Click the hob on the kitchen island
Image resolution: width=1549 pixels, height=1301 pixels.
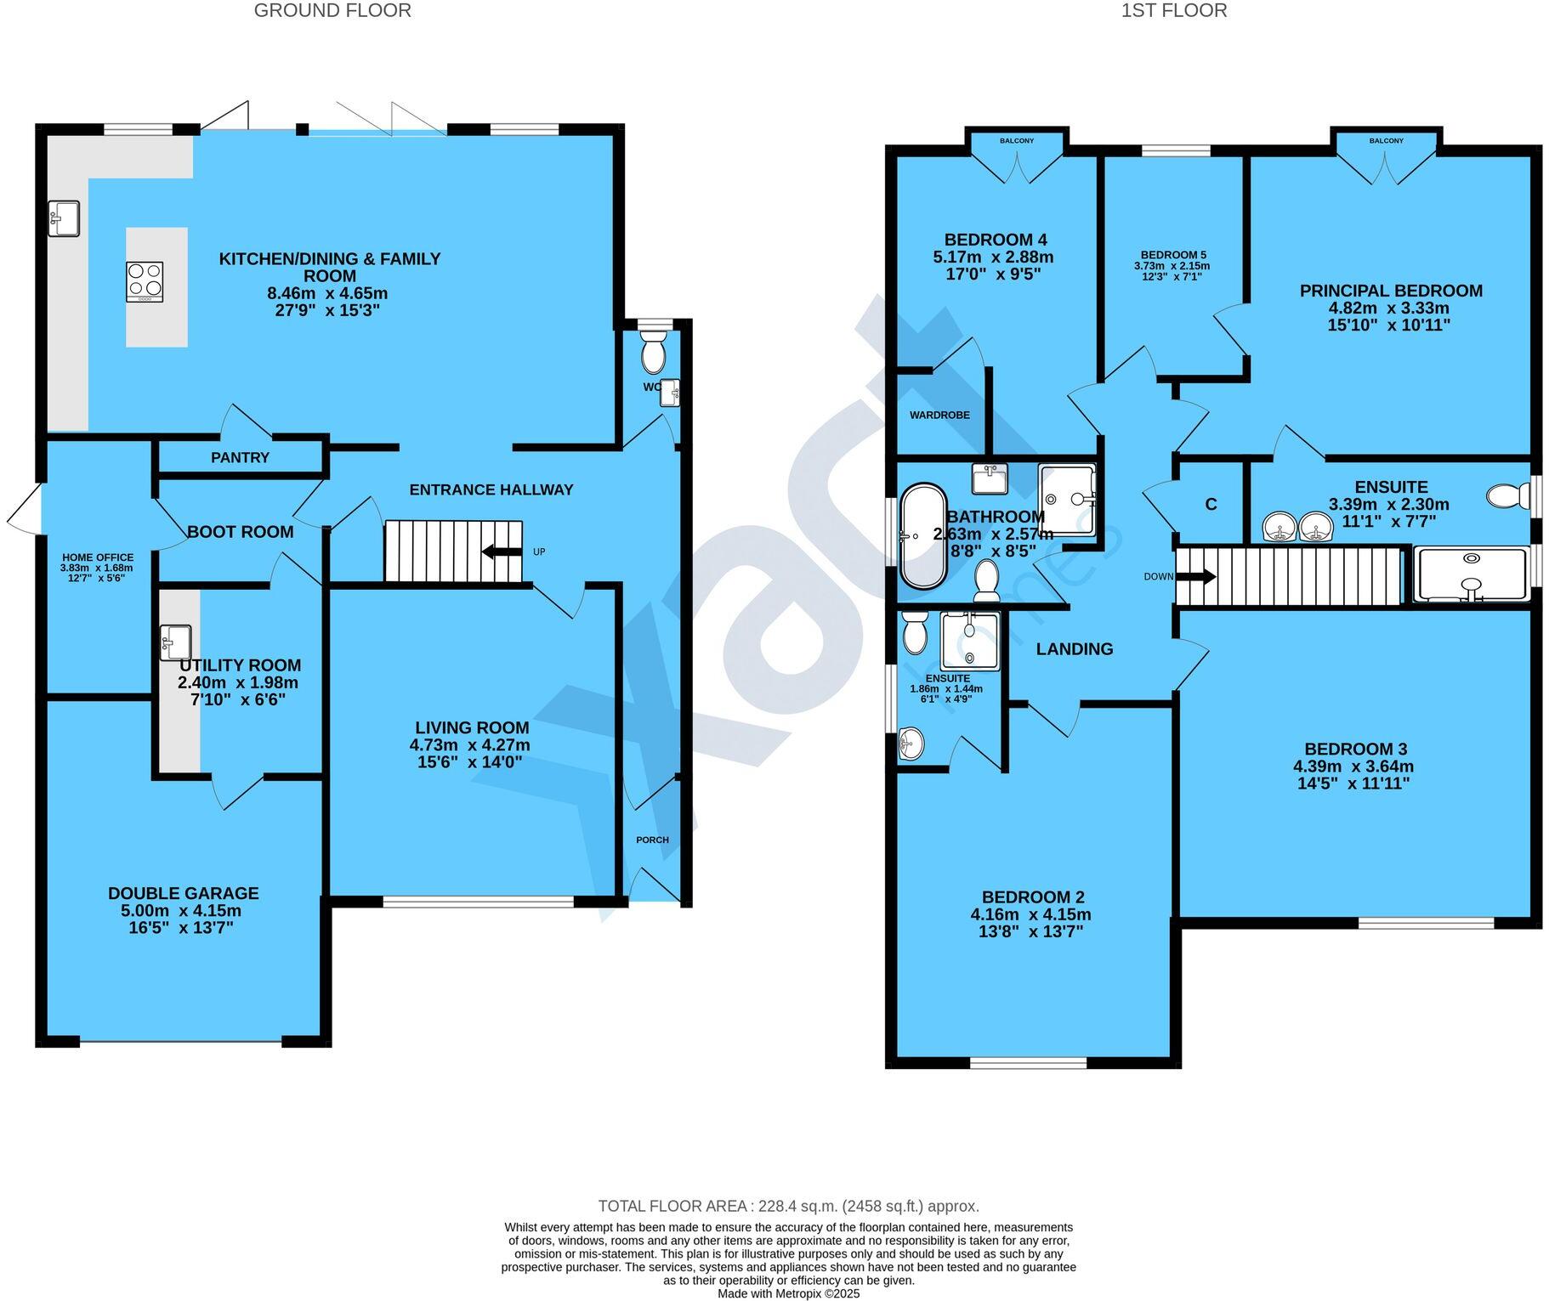[x=145, y=281]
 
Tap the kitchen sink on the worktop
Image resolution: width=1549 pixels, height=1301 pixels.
[x=64, y=218]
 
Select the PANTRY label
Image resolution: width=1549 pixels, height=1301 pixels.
[x=240, y=458]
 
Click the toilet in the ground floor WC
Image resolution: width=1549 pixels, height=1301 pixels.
[x=653, y=353]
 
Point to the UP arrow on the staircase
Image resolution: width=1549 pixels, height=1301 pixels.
[x=502, y=552]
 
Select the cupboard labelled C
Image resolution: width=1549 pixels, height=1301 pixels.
[x=1211, y=505]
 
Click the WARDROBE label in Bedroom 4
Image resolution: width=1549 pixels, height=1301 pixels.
[x=939, y=416]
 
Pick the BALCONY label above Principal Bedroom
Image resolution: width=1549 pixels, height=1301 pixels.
[x=1386, y=141]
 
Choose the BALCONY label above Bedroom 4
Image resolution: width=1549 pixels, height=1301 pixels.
[x=1017, y=141]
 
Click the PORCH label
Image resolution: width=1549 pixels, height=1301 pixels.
[x=652, y=840]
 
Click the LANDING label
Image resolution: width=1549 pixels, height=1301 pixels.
[x=1074, y=649]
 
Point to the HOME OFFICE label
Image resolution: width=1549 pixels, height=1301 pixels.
[x=97, y=557]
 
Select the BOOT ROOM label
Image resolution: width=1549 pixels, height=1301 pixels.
[x=240, y=532]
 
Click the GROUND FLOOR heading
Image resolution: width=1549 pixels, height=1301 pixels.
[x=332, y=11]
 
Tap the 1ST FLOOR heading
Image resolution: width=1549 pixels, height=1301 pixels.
[x=1173, y=11]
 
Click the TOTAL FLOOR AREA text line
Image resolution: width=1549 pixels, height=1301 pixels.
[x=788, y=1206]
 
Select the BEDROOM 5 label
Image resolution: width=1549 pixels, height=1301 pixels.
[x=1172, y=255]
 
